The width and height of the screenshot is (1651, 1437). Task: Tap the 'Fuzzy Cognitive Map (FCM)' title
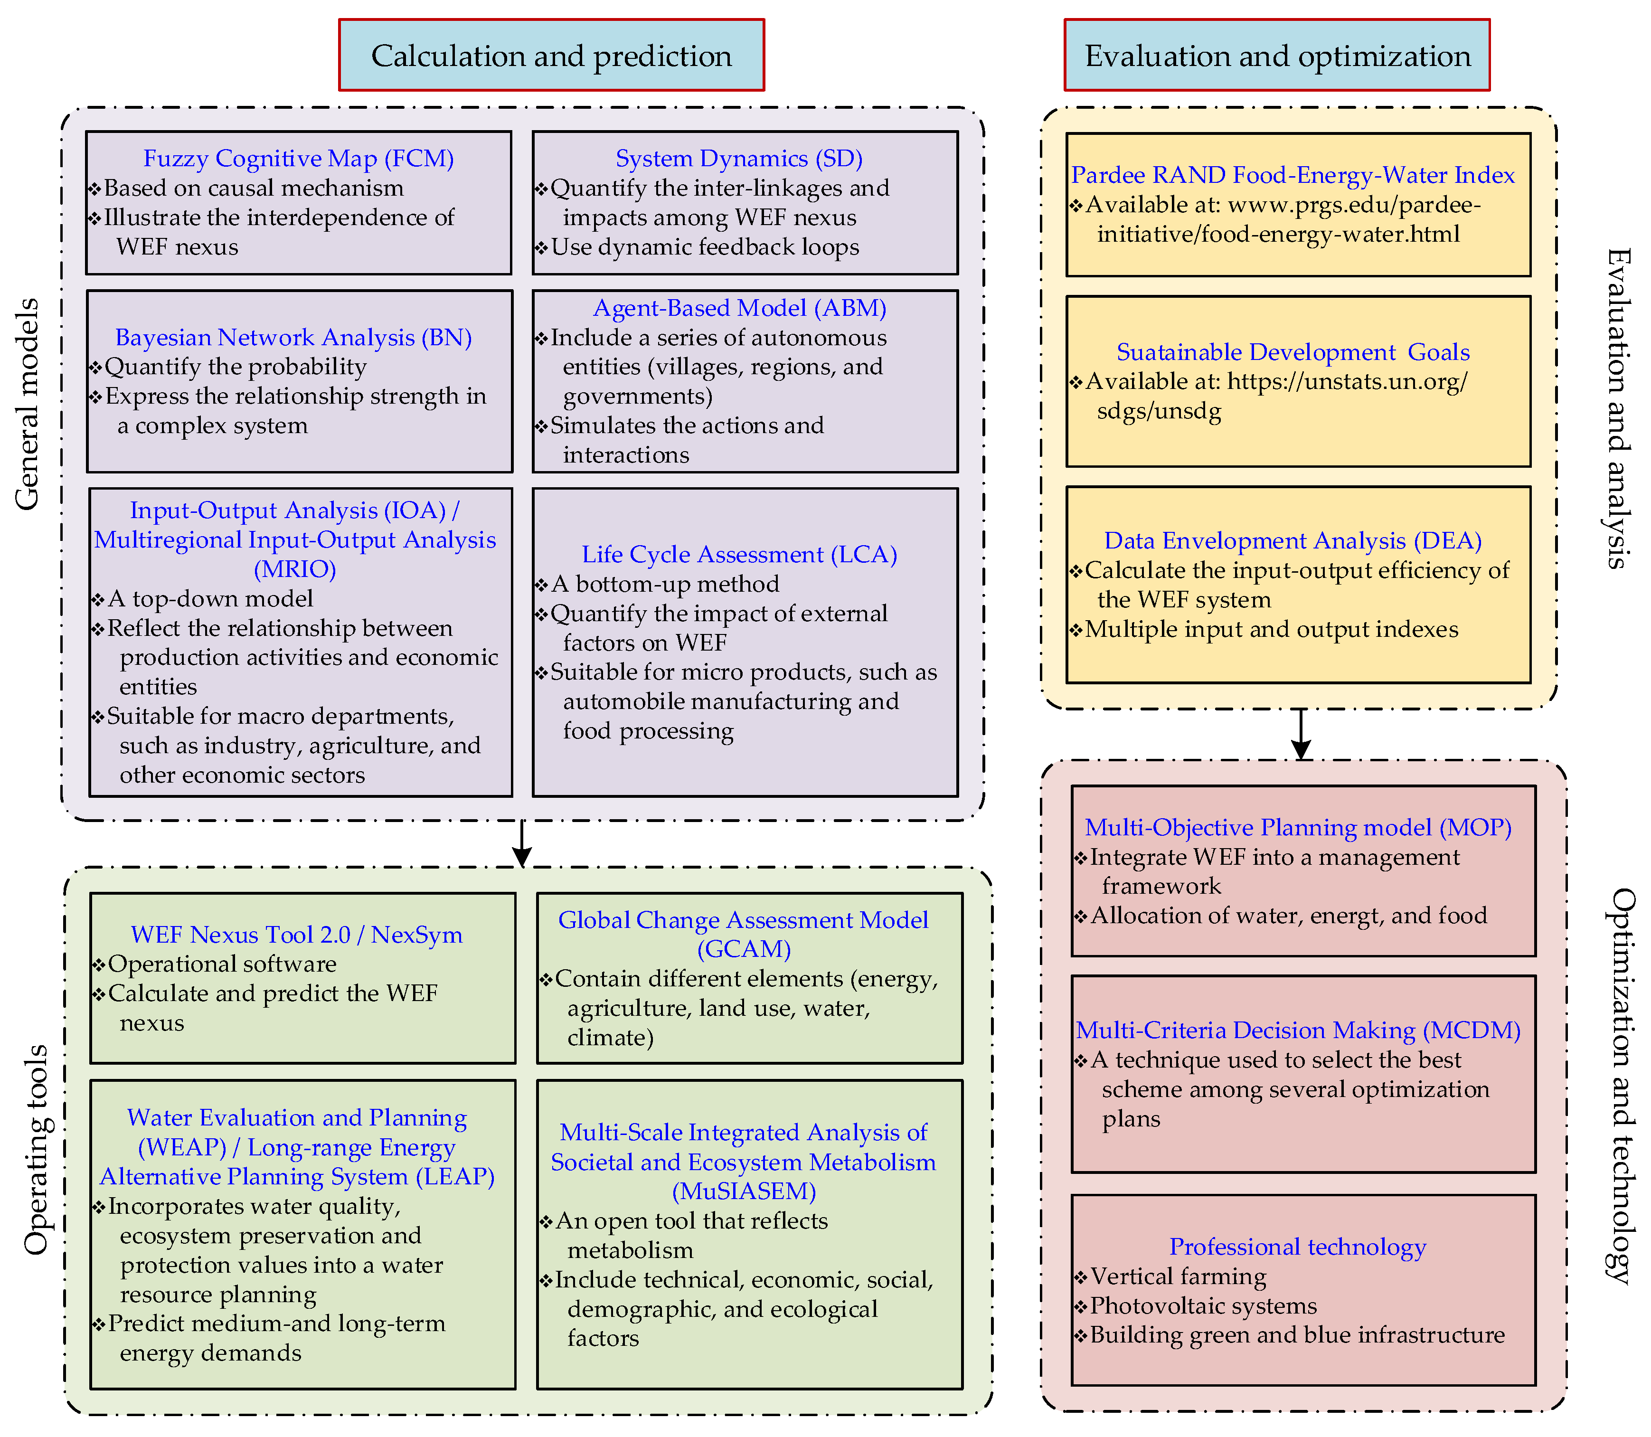coord(298,158)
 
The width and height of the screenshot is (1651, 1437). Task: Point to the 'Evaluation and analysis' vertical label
coord(1618,409)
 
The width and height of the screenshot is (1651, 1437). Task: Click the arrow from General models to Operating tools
coord(522,843)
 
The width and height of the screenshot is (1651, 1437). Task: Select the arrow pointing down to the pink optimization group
coord(1301,734)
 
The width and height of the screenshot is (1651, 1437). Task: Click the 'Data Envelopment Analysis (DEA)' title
coord(1292,540)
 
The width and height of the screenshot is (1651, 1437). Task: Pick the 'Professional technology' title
coord(1297,1247)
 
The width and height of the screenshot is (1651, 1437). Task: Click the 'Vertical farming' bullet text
coord(1178,1276)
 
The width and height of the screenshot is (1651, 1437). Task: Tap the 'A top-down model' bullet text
coord(210,598)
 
